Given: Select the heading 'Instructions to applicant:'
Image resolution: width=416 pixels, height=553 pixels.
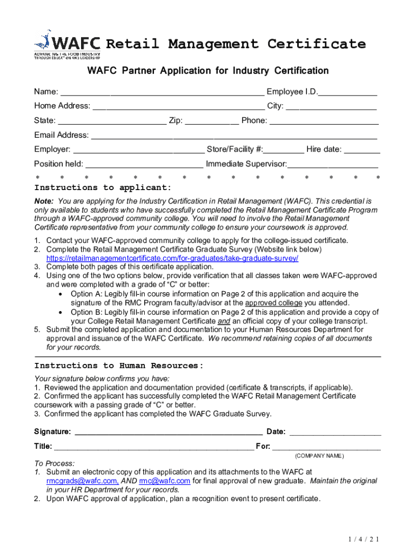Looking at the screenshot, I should click(103, 188).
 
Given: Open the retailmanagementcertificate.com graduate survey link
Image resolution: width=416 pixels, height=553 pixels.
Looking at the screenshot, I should click(172, 258).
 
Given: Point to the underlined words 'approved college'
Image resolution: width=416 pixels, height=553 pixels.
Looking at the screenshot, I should click(274, 303).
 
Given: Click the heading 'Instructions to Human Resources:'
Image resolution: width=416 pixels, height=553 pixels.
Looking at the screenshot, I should click(119, 366).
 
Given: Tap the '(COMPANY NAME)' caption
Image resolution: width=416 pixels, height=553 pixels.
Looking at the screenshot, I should click(319, 456).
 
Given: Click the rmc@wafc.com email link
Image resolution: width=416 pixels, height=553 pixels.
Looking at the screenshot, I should click(164, 481).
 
